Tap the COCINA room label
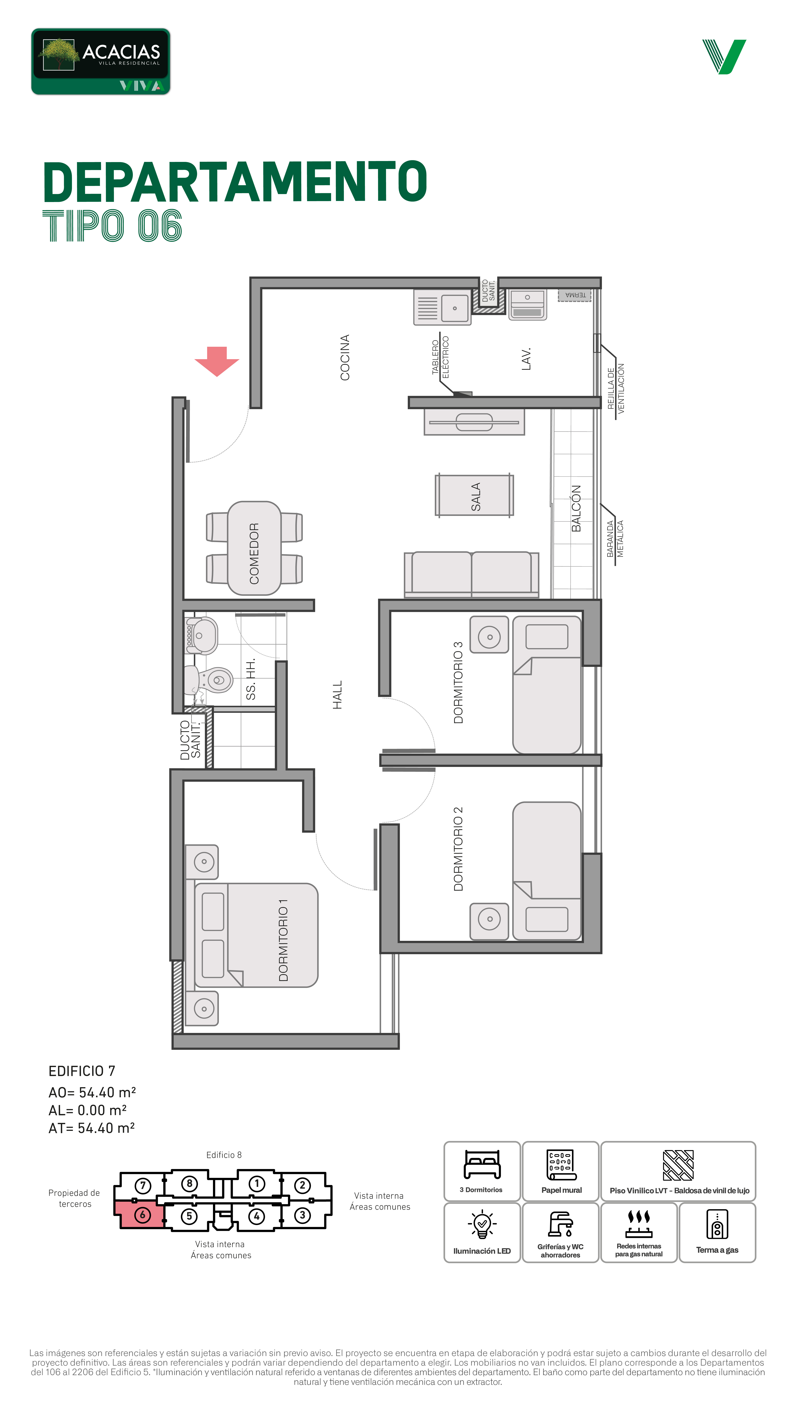(345, 357)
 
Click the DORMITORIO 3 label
(458, 682)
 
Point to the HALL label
(337, 695)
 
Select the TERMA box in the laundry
(575, 295)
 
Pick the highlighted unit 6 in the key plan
(140, 1215)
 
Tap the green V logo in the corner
(724, 57)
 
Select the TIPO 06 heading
(112, 226)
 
